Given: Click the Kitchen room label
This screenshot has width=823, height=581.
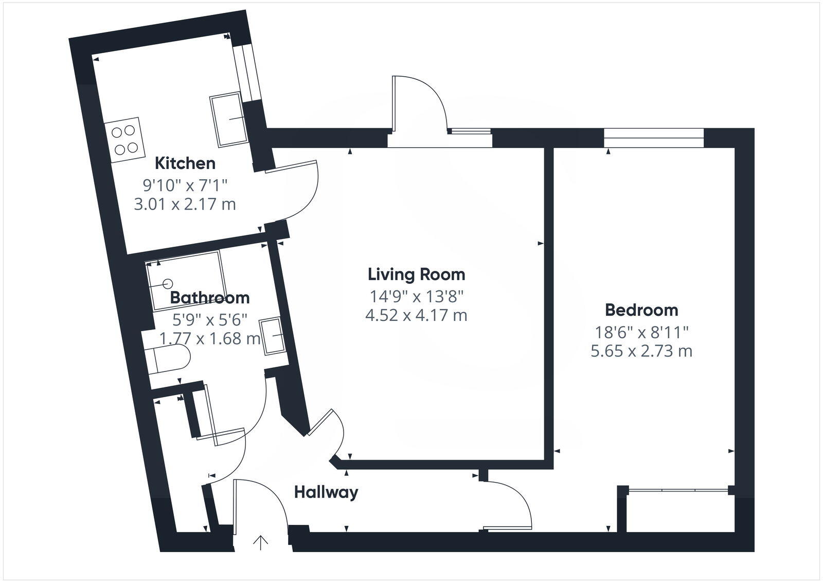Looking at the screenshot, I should click(185, 163).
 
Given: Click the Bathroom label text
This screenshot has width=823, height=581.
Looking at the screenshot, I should click(209, 298).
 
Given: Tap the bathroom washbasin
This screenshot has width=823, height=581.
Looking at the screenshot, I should click(272, 336).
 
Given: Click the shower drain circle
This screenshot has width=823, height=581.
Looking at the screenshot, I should click(168, 283).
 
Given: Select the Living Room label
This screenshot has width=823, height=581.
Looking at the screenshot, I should click(416, 274).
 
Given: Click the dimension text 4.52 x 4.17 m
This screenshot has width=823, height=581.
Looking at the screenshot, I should click(416, 315).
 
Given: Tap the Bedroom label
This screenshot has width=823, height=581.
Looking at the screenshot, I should click(641, 310).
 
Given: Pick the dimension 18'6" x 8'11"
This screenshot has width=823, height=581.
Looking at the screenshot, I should click(641, 332).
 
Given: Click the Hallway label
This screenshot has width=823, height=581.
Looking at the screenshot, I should click(326, 492).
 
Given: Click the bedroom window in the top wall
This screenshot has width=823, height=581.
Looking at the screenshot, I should click(653, 133).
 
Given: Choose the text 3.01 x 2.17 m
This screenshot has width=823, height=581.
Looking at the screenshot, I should click(185, 204).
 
